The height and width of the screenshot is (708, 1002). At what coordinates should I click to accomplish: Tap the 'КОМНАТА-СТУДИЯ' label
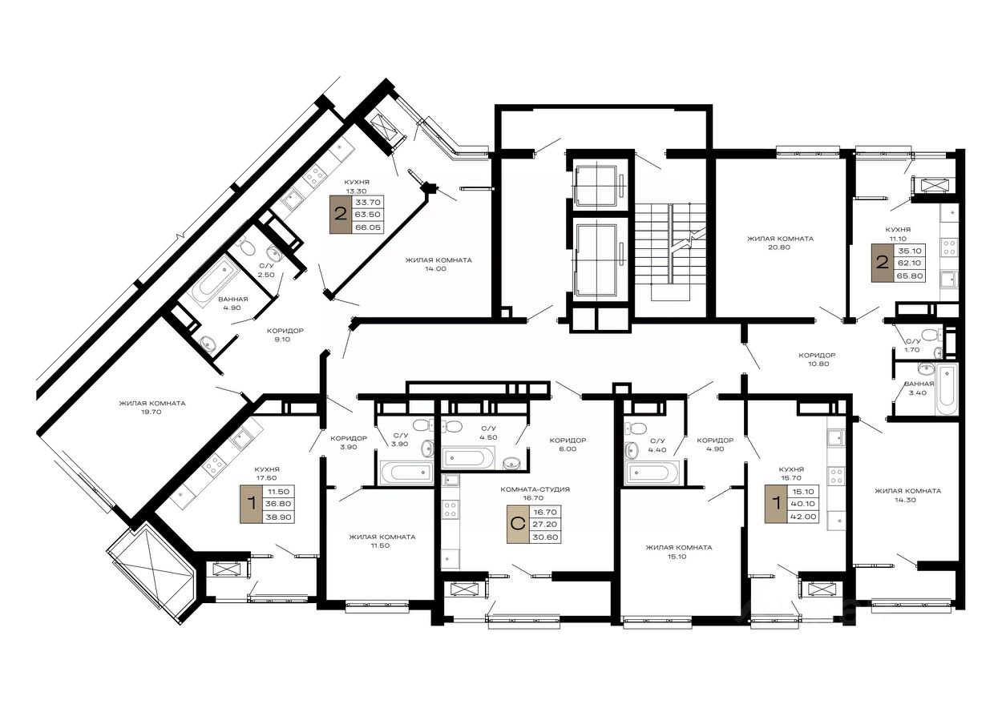pyautogui.click(x=535, y=489)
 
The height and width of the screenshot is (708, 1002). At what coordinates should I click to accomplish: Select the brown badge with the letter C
pyautogui.click(x=518, y=525)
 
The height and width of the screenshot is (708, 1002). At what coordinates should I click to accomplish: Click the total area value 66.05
pyautogui.click(x=368, y=227)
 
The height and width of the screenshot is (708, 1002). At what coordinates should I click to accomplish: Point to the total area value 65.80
pyautogui.click(x=910, y=276)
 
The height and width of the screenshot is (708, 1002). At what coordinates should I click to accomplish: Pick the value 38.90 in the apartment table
pyautogui.click(x=279, y=517)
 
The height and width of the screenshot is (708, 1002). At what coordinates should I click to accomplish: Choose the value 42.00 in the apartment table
pyautogui.click(x=804, y=517)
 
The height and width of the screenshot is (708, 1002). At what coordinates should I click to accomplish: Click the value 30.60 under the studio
pyautogui.click(x=546, y=537)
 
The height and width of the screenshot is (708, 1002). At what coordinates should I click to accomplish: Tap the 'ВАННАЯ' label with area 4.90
pyautogui.click(x=233, y=299)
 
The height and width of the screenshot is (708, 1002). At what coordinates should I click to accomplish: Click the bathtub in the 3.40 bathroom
pyautogui.click(x=947, y=389)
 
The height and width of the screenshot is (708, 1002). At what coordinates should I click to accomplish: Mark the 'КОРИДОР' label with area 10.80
pyautogui.click(x=818, y=356)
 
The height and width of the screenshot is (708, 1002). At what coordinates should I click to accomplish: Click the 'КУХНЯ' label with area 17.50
pyautogui.click(x=267, y=469)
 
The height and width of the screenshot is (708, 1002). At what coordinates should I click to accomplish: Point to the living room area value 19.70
pyautogui.click(x=152, y=412)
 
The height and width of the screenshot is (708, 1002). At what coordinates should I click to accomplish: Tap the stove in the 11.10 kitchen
pyautogui.click(x=949, y=247)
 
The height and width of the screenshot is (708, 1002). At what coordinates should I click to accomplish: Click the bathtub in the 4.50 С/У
pyautogui.click(x=467, y=458)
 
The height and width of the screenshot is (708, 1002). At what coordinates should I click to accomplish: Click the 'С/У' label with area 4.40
pyautogui.click(x=657, y=440)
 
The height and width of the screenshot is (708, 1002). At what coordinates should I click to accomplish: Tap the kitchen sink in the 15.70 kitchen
pyautogui.click(x=835, y=437)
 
